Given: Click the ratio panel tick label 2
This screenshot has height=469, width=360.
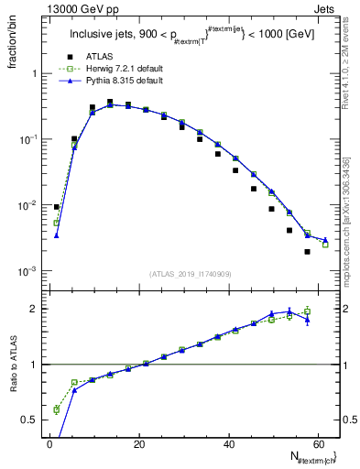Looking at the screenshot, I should click(34, 309).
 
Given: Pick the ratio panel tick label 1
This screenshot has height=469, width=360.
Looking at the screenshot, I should click(34, 365).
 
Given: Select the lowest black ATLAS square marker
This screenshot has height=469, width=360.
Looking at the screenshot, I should click(307, 252).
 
